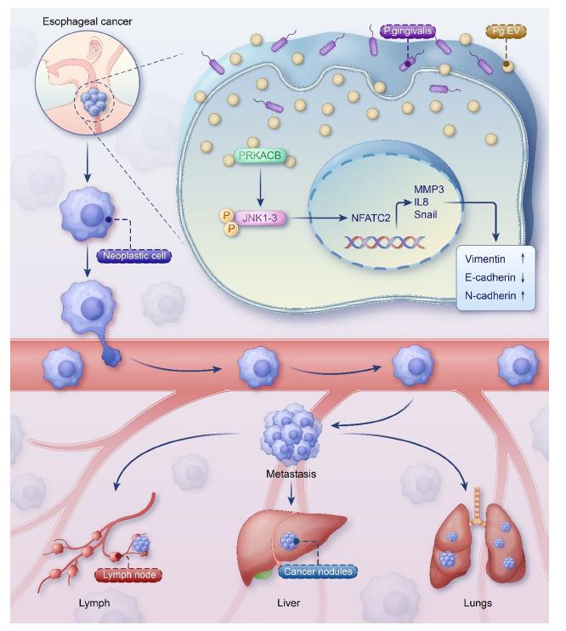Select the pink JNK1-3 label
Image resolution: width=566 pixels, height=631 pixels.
coord(263,218)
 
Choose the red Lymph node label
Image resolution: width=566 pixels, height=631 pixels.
coord(130,574)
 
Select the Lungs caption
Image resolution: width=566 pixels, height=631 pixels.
coord(477,604)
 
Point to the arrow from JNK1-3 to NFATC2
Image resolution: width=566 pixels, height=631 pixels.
coord(319,218)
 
